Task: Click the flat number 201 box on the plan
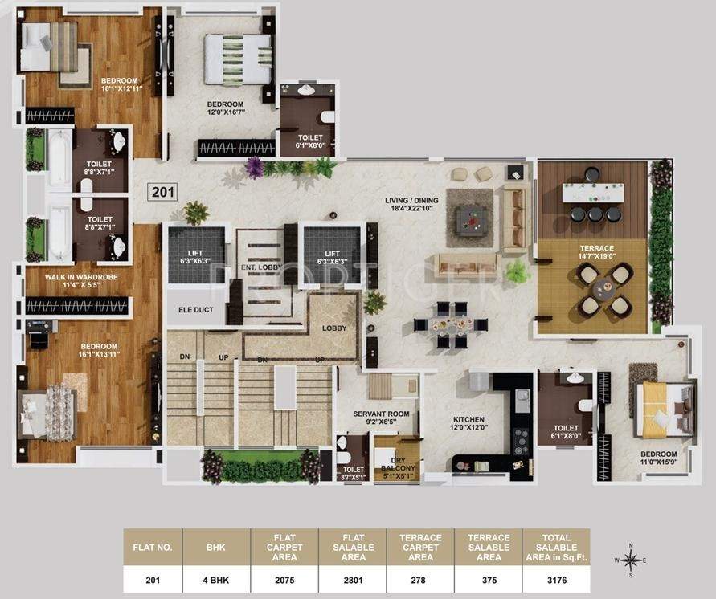162,191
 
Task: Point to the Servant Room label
382,417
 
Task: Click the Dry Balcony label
399,467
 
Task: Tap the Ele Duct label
194,309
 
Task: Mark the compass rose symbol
631,560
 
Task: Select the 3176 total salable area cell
556,579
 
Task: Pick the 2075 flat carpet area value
285,579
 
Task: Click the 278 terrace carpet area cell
419,579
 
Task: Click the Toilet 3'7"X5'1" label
354,474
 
